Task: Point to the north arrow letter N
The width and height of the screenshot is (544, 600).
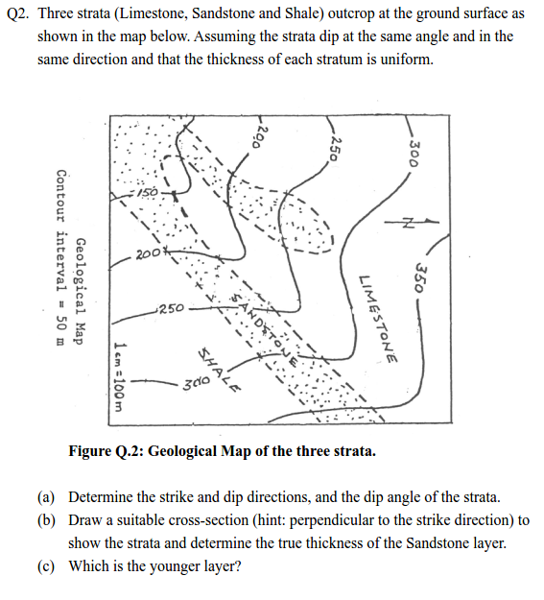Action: tap(406, 224)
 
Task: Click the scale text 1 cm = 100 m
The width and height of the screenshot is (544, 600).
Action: tap(117, 377)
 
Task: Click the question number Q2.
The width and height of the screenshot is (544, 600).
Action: tap(19, 15)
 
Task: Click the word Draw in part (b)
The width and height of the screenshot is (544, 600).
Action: tap(86, 520)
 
